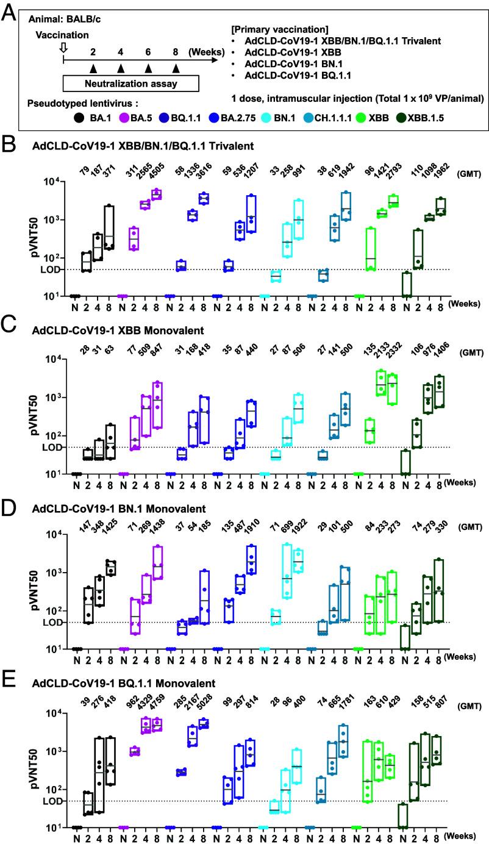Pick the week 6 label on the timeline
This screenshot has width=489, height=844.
(x=148, y=52)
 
